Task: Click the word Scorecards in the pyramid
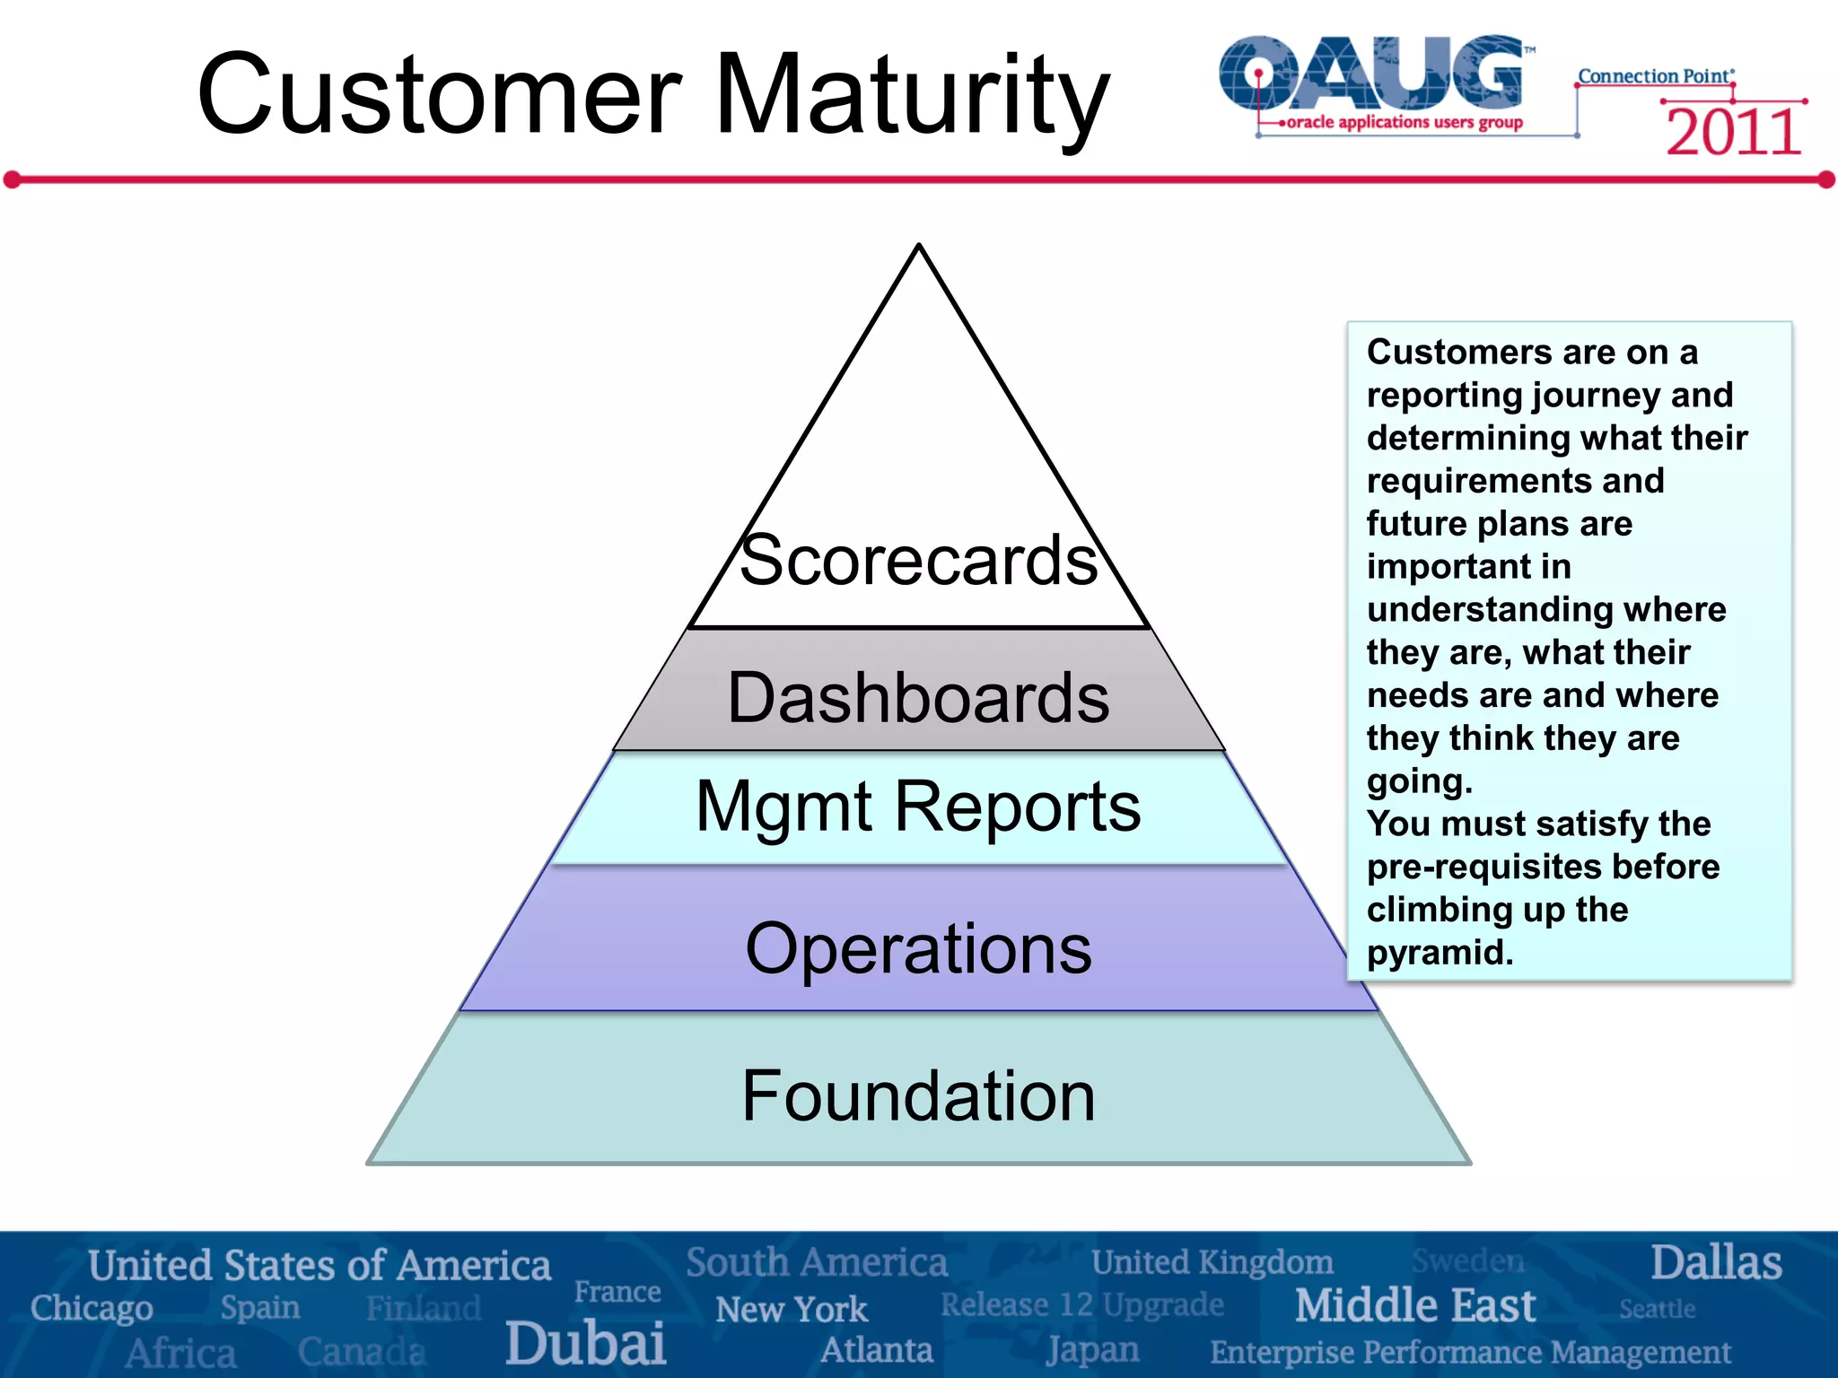click(x=918, y=561)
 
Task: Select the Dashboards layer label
click(x=918, y=698)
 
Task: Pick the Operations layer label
click(x=918, y=949)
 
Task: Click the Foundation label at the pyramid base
click(x=918, y=1096)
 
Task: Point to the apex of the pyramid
click(x=919, y=247)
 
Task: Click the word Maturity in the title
click(x=911, y=94)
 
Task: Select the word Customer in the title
click(x=440, y=94)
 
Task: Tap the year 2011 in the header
click(x=1733, y=133)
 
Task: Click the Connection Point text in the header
click(x=1654, y=76)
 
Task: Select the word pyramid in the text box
click(x=1440, y=953)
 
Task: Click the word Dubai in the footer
click(x=585, y=1344)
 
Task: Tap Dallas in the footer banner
click(x=1716, y=1263)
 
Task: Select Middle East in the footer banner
click(x=1415, y=1305)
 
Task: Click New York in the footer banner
click(x=792, y=1310)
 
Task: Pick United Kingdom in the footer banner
click(x=1212, y=1262)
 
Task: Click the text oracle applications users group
click(x=1405, y=122)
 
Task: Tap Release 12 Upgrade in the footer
click(x=1081, y=1304)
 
